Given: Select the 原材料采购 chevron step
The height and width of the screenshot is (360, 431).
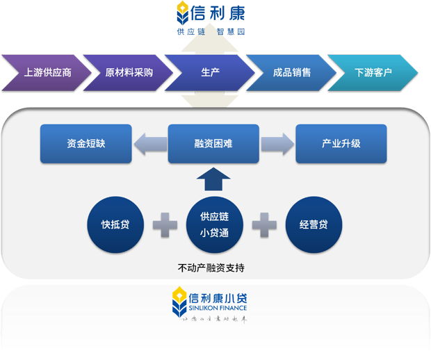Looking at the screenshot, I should [129, 72].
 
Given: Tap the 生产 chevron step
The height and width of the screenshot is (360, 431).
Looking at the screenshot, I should [211, 72].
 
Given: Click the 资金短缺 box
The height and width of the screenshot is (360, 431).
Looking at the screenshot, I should [86, 144].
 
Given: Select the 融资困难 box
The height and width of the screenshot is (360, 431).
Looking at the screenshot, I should [213, 144].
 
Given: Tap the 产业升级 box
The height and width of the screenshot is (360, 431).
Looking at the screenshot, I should [341, 144].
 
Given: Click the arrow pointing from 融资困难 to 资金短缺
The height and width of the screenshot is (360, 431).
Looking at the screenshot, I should [149, 144].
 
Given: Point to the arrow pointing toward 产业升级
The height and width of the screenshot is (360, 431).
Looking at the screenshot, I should [277, 144].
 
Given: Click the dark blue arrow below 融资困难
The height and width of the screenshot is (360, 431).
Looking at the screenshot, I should [213, 179].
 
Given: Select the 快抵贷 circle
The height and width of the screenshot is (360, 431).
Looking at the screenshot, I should [115, 225].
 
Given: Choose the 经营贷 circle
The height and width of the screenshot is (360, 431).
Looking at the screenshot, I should [314, 225].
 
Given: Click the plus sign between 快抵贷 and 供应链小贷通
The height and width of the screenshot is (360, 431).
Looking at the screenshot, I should [165, 225].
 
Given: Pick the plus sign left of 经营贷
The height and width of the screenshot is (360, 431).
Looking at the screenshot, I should [264, 225].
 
